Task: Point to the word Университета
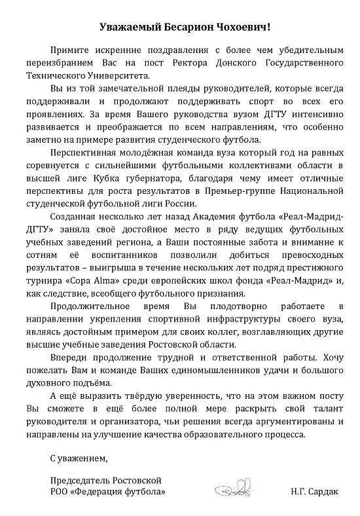[120, 75]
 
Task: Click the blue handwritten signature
[232, 489]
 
